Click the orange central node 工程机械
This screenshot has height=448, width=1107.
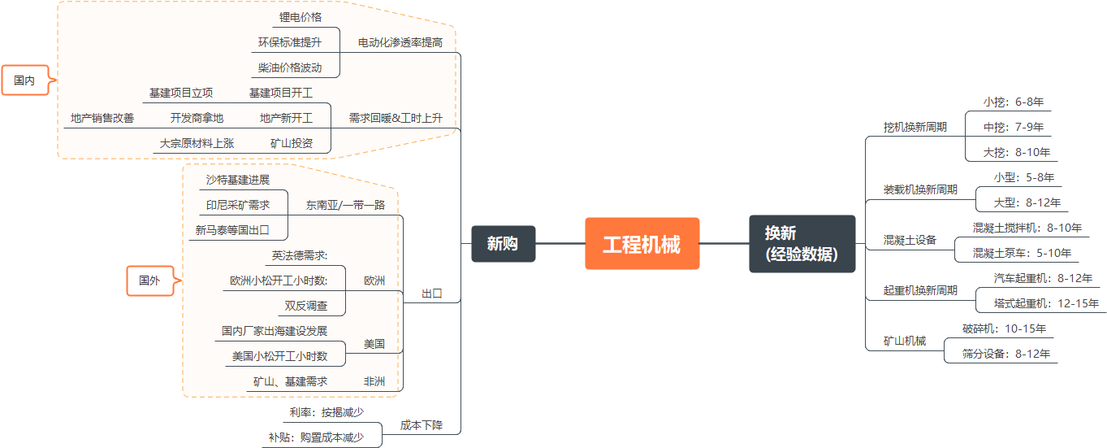(642, 244)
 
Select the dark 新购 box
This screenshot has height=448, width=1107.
(503, 243)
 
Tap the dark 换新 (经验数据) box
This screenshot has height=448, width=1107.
(802, 244)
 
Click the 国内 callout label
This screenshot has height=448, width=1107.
(25, 80)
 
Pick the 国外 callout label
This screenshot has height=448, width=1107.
(149, 281)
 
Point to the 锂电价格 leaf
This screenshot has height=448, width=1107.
(301, 16)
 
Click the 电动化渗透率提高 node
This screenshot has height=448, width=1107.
(400, 42)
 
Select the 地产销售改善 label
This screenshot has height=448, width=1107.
(102, 118)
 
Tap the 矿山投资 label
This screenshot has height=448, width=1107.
(292, 143)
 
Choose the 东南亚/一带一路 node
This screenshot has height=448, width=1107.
(345, 205)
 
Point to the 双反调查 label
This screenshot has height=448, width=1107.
(306, 306)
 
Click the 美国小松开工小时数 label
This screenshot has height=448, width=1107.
(279, 356)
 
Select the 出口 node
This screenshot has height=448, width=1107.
(432, 294)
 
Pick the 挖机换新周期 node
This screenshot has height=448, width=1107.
(915, 127)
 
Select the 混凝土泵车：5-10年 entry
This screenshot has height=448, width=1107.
(1022, 253)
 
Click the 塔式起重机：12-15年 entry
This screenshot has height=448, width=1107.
(1046, 303)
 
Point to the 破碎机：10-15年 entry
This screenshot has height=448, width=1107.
(1004, 328)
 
